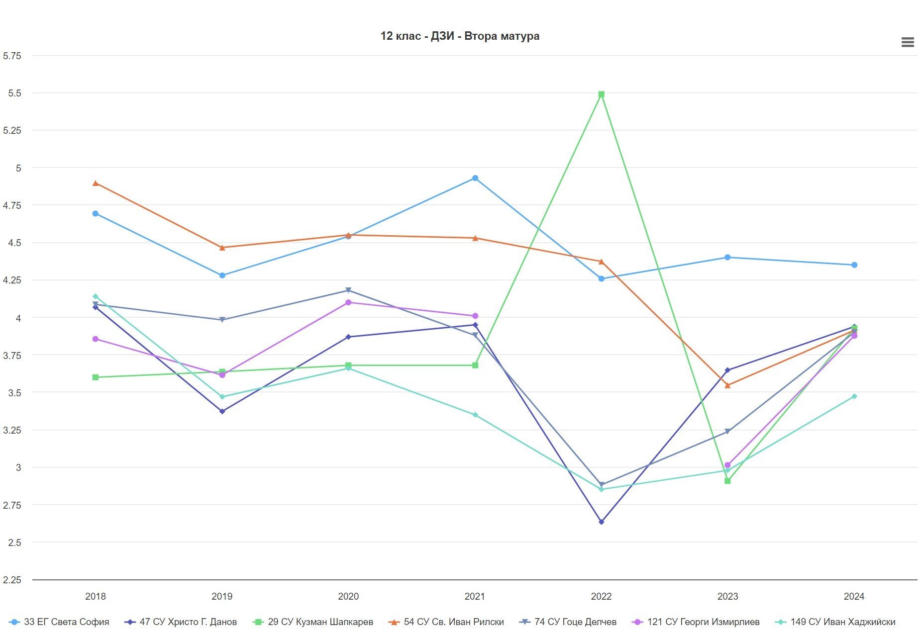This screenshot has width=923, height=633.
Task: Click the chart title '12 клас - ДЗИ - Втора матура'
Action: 460,36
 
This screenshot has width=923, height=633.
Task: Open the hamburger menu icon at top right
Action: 908,42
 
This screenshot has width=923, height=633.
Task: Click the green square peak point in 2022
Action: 601,94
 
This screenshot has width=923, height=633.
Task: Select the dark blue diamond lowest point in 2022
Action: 601,522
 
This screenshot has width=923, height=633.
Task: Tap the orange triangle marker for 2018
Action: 96,183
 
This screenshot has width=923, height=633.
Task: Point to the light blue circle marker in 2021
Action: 475,178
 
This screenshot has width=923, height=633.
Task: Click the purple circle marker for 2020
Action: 348,302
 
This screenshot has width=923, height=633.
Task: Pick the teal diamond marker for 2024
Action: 854,396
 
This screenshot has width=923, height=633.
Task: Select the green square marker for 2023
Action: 727,481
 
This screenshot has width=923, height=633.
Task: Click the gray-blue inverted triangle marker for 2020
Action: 348,290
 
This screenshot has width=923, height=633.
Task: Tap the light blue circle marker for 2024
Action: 854,265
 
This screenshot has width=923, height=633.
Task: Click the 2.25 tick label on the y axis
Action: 12,580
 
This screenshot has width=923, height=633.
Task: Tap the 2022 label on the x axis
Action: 601,596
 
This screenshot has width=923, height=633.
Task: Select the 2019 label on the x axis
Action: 222,596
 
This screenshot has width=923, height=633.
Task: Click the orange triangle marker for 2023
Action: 727,385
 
